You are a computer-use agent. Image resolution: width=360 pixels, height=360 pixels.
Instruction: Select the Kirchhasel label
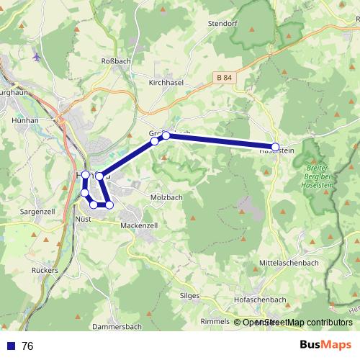point(166,84)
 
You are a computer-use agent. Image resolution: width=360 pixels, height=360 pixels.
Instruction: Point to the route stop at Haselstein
point(275,147)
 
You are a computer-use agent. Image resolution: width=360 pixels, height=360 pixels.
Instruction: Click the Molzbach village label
point(166,197)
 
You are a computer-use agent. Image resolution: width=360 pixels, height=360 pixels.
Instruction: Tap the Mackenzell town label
point(139,225)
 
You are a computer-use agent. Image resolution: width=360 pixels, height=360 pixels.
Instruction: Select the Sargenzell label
point(38,213)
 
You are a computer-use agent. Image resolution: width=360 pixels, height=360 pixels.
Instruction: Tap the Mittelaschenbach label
point(288,263)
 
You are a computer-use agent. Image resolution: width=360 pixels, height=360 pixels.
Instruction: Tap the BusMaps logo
point(325,345)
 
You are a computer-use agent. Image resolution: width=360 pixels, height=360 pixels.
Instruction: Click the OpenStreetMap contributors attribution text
point(297,323)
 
